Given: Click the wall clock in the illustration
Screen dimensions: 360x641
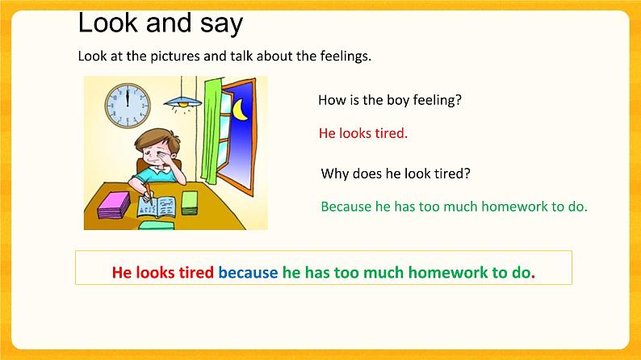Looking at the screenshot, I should click(128, 102).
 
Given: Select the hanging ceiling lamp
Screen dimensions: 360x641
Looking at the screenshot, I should click(182, 102).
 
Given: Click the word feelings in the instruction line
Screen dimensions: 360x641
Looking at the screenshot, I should click(345, 57).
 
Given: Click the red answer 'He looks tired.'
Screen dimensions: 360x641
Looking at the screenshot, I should click(363, 133).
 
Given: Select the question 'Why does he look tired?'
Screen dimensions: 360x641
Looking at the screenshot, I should click(396, 174).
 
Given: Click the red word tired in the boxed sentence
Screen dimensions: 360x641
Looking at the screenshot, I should click(195, 272).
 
